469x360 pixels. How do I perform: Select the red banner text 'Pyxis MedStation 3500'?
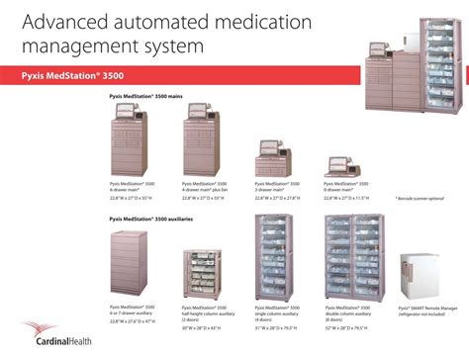70,75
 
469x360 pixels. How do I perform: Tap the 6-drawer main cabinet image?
131,140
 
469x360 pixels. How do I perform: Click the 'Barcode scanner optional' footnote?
421,198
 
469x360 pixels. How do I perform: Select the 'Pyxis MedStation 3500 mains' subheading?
147,96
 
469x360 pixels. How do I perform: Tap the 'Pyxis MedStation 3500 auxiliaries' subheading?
151,217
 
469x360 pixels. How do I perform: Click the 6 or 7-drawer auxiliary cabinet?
131,265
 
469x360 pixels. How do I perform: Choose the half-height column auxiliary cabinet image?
203,276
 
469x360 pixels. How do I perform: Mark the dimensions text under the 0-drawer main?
347,198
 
